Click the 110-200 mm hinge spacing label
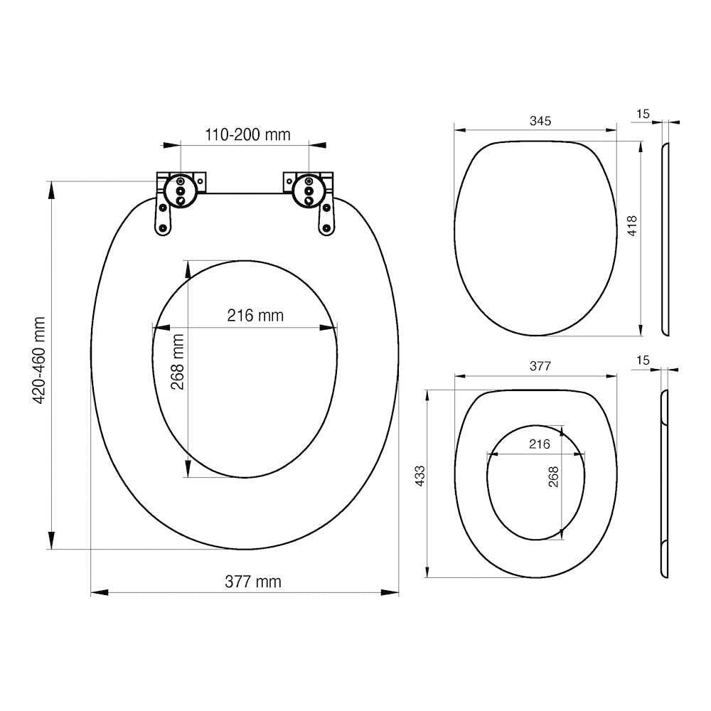247,134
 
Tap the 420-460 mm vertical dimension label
39,360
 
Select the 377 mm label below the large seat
253,582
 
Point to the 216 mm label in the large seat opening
255,315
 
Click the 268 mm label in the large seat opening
177,362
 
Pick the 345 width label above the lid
540,121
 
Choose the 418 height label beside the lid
631,226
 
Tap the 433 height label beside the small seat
420,476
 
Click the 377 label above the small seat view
540,365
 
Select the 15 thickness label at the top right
643,114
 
